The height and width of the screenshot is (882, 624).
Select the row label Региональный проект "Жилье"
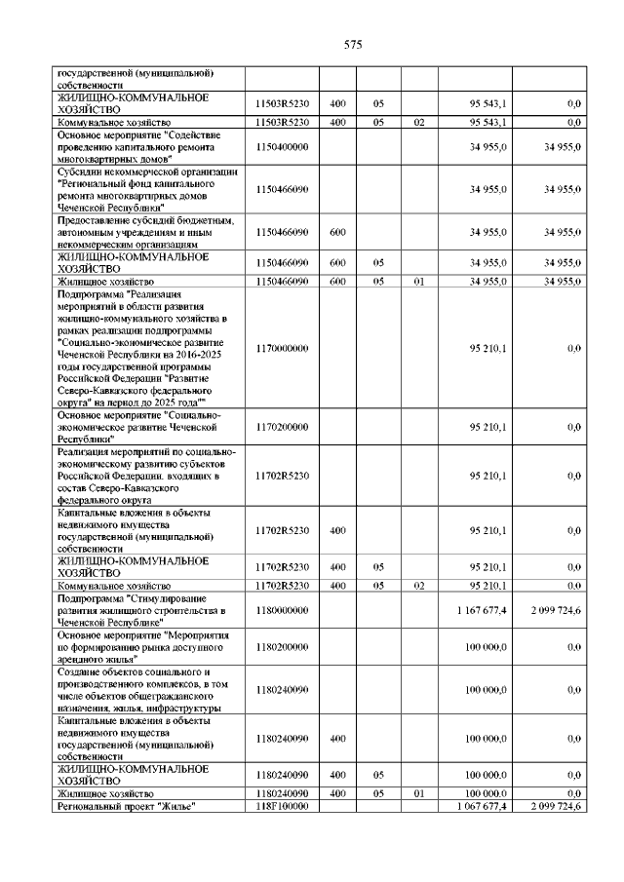(x=127, y=806)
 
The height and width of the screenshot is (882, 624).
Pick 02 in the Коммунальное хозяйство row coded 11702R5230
(x=418, y=585)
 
